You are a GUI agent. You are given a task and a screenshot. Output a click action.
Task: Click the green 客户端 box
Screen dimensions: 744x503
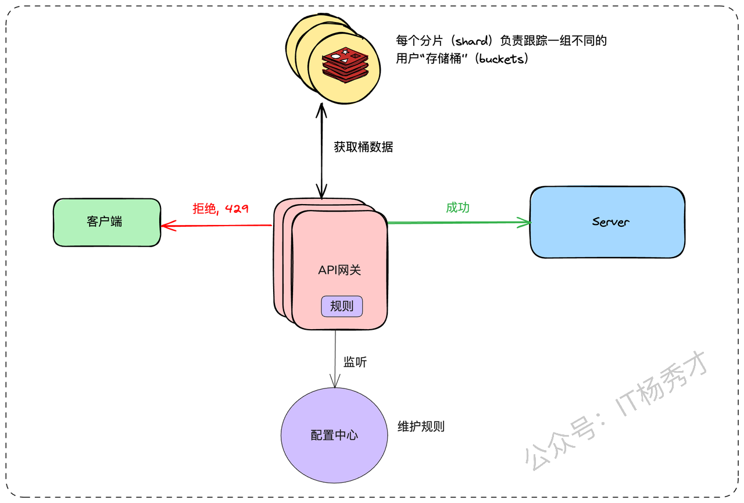[x=107, y=222]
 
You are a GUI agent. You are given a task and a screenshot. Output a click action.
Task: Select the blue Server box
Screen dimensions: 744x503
[x=607, y=222]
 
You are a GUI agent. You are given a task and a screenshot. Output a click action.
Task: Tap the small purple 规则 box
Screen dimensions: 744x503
[x=342, y=306]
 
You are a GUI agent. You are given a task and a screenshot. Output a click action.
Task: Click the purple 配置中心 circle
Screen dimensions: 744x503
[x=334, y=435]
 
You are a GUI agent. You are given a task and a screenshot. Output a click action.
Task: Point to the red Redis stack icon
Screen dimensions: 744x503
[x=345, y=65]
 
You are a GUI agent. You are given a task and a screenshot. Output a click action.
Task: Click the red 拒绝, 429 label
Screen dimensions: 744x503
[x=220, y=209]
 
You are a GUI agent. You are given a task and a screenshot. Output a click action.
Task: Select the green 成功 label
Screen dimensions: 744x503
[x=457, y=208]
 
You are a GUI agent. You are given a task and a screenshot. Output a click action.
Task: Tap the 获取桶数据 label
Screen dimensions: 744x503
[x=363, y=147]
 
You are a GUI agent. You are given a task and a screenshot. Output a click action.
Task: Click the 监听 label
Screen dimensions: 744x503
[x=355, y=362]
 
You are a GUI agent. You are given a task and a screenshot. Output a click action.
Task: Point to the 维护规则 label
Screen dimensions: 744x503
[x=421, y=426]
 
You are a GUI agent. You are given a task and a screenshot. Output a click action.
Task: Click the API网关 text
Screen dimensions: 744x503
[x=339, y=270]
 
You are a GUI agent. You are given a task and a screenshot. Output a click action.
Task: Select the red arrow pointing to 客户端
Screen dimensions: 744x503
[x=217, y=226]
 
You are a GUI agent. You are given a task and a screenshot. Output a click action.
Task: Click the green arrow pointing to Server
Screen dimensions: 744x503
[x=459, y=222]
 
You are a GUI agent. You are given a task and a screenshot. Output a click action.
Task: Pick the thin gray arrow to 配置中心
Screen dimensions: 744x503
[x=335, y=359]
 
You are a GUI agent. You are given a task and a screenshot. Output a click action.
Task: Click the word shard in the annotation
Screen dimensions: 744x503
[x=472, y=41]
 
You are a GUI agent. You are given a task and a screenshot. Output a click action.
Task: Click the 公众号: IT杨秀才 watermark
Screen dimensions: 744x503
[x=614, y=411]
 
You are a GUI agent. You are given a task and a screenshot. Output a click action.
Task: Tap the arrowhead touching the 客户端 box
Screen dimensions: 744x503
[x=169, y=226]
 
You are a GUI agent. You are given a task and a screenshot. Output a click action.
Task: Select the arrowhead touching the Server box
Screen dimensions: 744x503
[x=524, y=222]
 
